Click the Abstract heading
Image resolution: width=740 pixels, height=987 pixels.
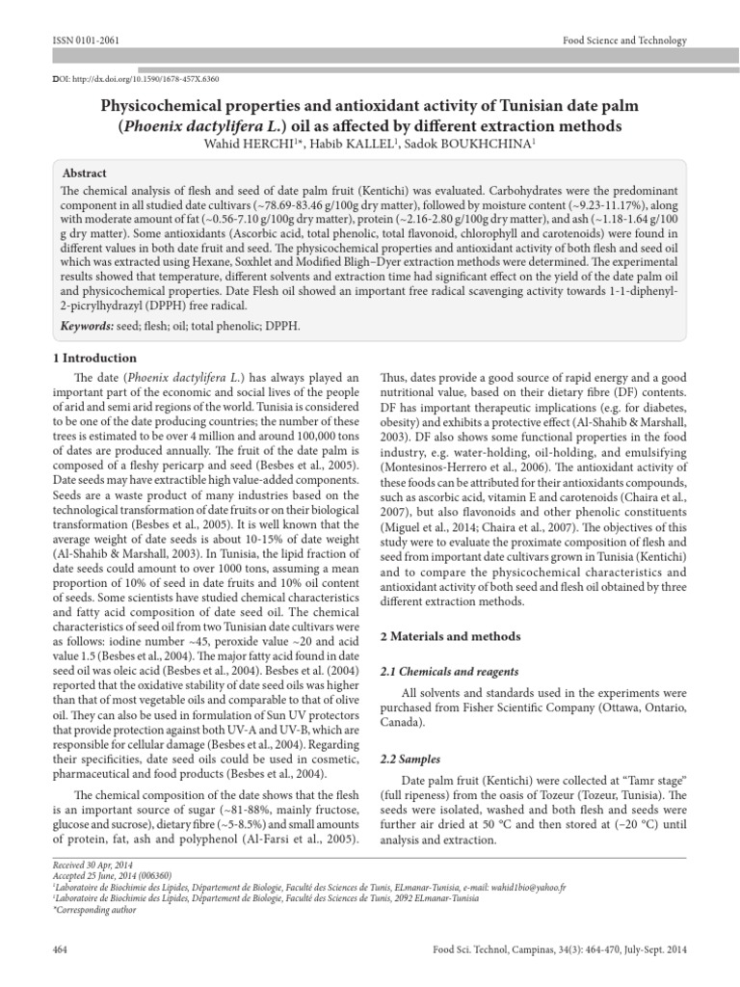[84, 173]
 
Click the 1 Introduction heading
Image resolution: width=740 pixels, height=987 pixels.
[92, 358]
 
